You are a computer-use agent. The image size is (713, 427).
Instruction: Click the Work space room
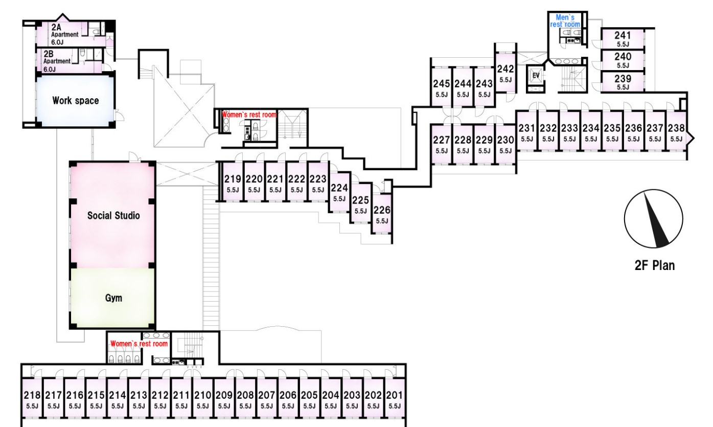[x=75, y=100]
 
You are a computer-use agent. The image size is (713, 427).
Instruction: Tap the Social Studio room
[x=113, y=215]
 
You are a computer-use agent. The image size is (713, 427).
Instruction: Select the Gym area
[x=113, y=298]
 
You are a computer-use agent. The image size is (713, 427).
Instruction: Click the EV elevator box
[x=536, y=76]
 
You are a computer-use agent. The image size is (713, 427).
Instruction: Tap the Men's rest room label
[x=565, y=21]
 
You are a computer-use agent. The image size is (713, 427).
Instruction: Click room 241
[x=622, y=38]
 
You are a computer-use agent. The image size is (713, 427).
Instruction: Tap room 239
[x=622, y=82]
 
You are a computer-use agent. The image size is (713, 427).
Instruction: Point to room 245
[x=441, y=87]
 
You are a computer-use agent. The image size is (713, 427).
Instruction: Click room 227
[x=441, y=144]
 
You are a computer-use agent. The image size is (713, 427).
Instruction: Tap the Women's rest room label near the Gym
[x=139, y=344]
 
